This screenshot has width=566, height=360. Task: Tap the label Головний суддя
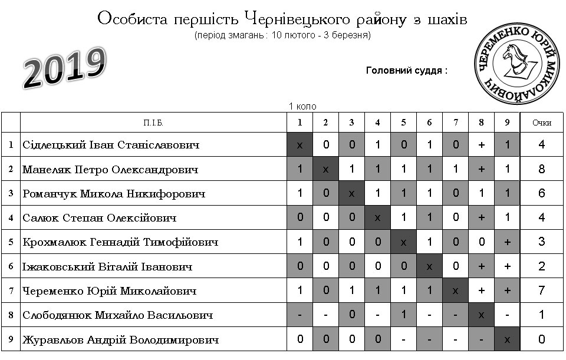coord(406,71)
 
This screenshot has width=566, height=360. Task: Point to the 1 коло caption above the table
coord(302,107)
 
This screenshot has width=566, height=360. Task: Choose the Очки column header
coord(541,123)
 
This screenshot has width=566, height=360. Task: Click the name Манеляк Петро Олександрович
coord(110,170)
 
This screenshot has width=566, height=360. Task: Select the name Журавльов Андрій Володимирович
coord(120,340)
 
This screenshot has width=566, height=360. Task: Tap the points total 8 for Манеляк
coord(541,170)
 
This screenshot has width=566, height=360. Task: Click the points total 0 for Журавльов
coord(541,340)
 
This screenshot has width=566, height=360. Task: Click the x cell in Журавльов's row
coord(507,340)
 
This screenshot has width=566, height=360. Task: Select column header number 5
coord(403,123)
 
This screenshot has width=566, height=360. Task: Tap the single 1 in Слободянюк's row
coord(403,315)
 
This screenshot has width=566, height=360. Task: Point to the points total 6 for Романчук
coord(541,194)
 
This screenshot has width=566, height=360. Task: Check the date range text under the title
coord(282,35)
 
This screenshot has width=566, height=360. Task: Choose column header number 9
coord(507,123)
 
